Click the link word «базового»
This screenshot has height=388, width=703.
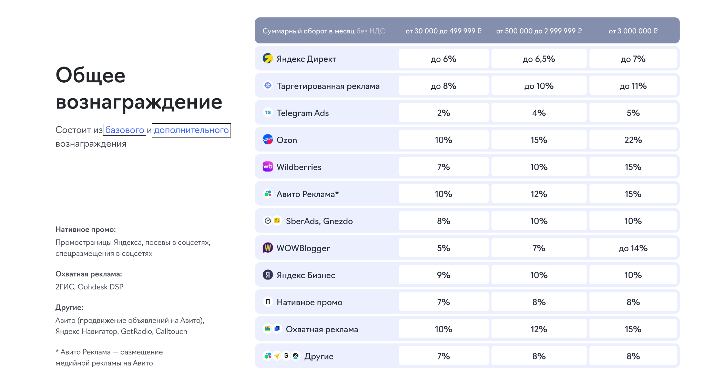tap(124, 130)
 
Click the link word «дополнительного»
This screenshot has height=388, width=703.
tap(191, 130)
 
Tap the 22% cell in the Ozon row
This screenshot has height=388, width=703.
tap(633, 140)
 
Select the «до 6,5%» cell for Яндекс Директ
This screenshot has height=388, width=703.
tap(539, 59)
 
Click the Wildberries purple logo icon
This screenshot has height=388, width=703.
tap(268, 167)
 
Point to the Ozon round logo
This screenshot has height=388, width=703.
tap(268, 140)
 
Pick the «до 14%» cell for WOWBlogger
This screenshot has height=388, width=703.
tap(633, 248)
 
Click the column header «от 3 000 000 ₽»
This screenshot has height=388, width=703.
tap(633, 31)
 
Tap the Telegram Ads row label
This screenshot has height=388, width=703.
tap(303, 113)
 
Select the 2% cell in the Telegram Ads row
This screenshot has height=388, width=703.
tap(444, 113)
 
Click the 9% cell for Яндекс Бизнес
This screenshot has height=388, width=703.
tap(444, 275)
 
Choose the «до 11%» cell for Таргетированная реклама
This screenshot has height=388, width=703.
tap(633, 86)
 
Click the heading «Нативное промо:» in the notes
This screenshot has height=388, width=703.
tap(85, 229)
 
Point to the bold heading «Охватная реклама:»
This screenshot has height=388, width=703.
tap(89, 274)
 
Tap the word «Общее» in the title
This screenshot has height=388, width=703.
tap(90, 75)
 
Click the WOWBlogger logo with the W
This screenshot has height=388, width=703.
tap(268, 248)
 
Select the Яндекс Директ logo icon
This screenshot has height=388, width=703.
tap(268, 59)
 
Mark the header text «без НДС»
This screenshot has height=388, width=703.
tap(370, 31)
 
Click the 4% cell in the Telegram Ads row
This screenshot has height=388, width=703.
tap(539, 113)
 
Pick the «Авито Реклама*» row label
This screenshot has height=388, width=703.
tap(307, 194)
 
